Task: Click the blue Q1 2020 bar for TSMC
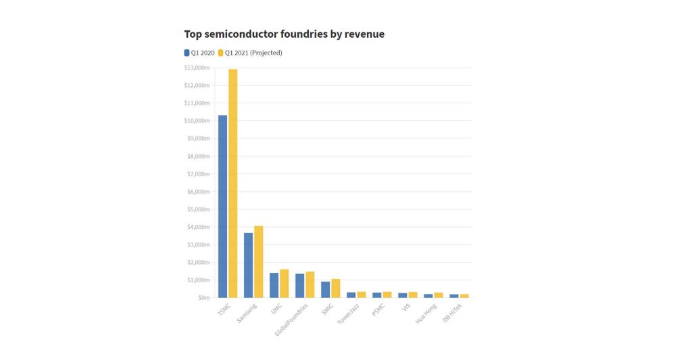[222, 206]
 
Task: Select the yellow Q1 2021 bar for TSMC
[233, 183]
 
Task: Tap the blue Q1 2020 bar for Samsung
[248, 265]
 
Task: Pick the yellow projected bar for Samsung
[259, 261]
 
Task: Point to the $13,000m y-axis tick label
[197, 68]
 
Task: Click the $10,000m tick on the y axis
[197, 121]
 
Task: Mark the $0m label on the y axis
[202, 298]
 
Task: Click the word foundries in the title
[300, 33]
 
